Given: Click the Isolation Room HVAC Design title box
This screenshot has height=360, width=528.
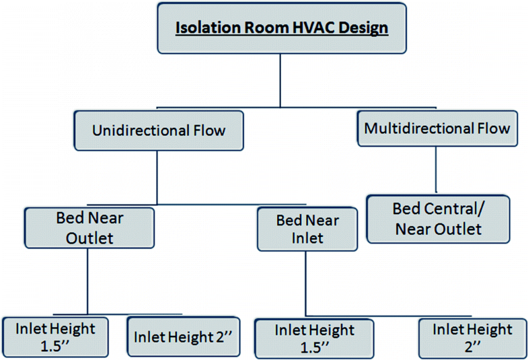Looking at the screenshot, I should [282, 30].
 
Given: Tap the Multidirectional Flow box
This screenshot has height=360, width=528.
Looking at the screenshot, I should [437, 127].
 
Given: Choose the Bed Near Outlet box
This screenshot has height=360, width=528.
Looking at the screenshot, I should [89, 228].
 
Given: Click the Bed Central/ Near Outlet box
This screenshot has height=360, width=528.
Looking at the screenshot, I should [437, 219].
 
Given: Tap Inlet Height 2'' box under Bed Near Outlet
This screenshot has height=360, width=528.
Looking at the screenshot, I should [183, 336].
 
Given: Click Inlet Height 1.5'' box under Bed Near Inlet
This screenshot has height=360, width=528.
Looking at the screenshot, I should [313, 338].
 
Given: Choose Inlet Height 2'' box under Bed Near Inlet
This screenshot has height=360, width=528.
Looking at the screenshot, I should [472, 338].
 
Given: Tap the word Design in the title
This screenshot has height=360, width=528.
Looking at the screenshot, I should [367, 30].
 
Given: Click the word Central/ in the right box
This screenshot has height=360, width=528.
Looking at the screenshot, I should [461, 209].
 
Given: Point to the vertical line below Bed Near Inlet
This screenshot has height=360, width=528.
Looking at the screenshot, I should [307, 283].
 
